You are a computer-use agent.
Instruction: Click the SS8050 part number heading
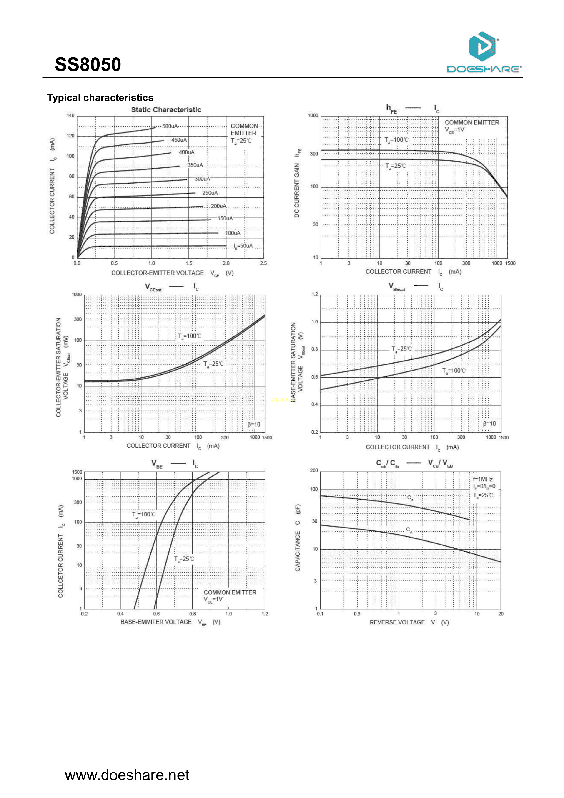(88, 65)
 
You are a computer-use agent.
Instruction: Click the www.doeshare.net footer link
(127, 775)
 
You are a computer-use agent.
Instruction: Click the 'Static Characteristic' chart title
(166, 110)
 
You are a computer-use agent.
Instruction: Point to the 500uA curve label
(170, 126)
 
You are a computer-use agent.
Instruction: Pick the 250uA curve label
(210, 193)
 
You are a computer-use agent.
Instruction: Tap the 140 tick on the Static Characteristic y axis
(70, 116)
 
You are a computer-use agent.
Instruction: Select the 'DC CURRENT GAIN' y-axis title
(297, 190)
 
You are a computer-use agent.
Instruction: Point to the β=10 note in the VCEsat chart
(254, 424)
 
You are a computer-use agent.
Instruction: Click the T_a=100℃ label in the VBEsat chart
(454, 371)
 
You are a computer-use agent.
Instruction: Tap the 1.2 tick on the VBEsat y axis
(315, 294)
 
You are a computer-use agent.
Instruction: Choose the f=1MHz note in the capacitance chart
(483, 479)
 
